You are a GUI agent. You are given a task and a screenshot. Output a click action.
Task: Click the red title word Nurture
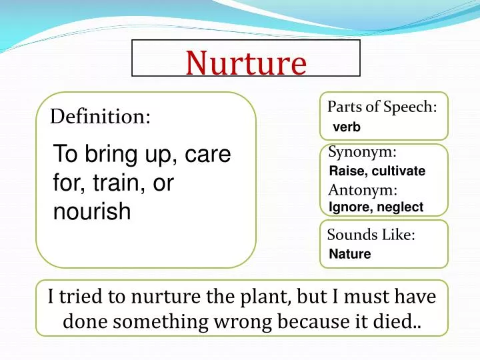(x=246, y=63)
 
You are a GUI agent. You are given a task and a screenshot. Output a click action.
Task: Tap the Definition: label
(x=100, y=117)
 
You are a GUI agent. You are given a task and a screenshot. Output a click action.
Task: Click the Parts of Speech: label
(x=382, y=107)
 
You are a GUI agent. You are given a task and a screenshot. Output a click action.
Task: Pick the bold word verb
(x=346, y=127)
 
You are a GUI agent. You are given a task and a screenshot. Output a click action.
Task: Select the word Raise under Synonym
(x=345, y=171)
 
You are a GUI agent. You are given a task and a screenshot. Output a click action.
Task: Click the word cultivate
(x=399, y=171)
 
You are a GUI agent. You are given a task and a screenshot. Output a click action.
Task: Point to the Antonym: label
(x=363, y=190)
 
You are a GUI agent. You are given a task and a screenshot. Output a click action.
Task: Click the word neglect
(x=400, y=207)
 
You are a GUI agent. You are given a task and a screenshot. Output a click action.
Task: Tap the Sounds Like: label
(x=371, y=235)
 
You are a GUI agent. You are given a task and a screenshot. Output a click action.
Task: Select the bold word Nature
(x=350, y=254)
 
